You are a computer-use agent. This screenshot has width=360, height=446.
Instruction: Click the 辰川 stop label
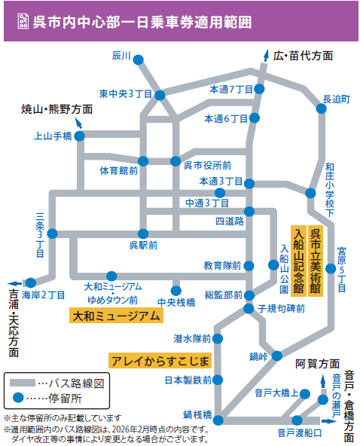(121, 56)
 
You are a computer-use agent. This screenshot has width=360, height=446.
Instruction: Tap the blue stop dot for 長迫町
(322, 109)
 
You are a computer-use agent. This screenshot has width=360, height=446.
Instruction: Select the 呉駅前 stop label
(142, 245)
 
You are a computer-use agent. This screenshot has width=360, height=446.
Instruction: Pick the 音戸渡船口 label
(299, 432)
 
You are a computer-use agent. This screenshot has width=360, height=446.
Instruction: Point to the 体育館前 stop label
(119, 171)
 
